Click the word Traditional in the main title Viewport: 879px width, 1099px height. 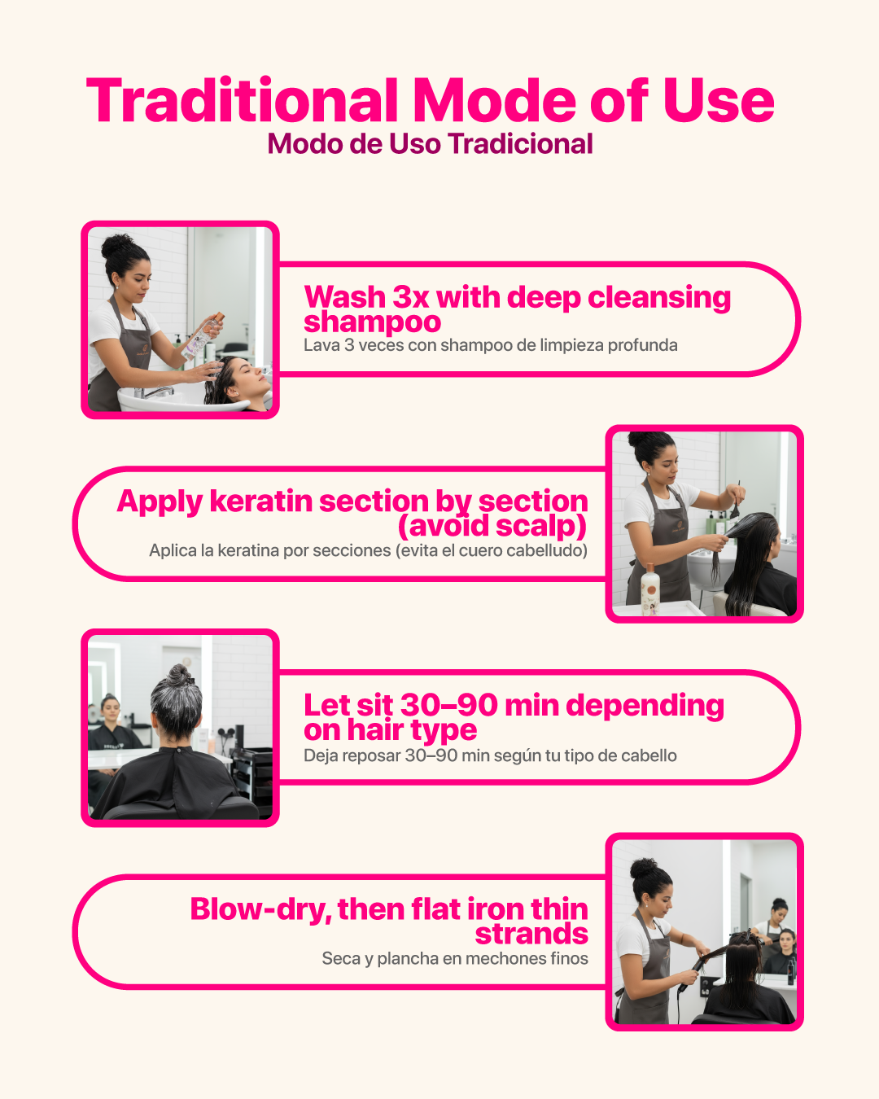[242, 100]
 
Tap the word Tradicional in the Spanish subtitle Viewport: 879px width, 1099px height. [521, 143]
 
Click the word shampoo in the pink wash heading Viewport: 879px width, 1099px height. [372, 322]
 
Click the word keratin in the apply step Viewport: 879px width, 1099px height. [261, 501]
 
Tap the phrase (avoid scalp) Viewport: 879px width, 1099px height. [492, 526]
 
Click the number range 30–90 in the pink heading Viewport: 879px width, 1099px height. [449, 705]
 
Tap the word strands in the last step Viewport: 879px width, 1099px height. [531, 935]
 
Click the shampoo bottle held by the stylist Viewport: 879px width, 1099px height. [203, 337]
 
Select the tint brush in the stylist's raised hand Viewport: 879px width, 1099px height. [736, 501]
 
